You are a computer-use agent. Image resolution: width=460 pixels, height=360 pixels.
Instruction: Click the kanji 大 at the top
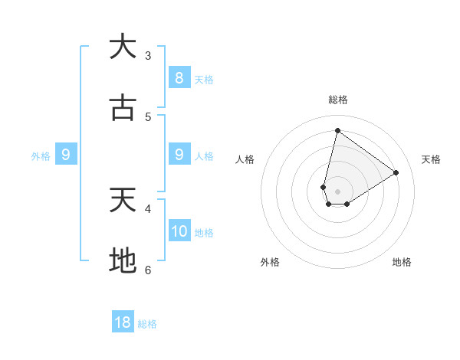click(123, 47)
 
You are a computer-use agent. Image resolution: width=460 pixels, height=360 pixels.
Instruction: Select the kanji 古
click(123, 108)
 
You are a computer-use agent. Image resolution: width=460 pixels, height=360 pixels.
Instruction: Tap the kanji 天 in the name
click(123, 200)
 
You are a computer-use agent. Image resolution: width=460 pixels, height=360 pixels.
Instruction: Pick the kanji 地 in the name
click(123, 261)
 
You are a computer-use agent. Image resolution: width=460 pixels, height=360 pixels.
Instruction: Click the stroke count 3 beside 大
click(148, 56)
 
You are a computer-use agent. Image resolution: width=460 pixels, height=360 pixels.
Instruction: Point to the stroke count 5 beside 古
click(148, 117)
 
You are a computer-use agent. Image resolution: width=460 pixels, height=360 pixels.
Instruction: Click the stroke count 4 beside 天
click(148, 208)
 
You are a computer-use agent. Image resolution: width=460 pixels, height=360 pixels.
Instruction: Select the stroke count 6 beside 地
click(148, 270)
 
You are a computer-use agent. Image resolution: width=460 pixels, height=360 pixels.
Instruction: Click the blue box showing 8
click(179, 78)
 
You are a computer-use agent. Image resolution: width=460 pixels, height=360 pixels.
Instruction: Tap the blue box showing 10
click(179, 231)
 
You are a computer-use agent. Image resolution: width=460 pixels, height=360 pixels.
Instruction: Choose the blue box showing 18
click(123, 322)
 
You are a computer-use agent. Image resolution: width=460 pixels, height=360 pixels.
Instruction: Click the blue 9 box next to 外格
click(66, 155)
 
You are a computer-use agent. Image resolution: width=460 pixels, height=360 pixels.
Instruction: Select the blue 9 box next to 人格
click(179, 155)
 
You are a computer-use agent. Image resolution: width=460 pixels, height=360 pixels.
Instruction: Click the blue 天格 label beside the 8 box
click(204, 80)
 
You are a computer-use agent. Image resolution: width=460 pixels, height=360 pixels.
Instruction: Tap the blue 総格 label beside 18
click(147, 324)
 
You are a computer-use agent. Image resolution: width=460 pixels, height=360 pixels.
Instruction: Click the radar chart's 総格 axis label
click(338, 100)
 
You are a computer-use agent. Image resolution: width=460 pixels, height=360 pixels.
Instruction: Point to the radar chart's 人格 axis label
click(245, 159)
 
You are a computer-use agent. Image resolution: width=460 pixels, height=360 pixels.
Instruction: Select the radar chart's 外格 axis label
click(270, 262)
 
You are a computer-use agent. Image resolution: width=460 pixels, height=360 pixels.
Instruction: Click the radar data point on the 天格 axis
click(396, 172)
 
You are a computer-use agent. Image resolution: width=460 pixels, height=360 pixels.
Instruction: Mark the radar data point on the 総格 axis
click(337, 130)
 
